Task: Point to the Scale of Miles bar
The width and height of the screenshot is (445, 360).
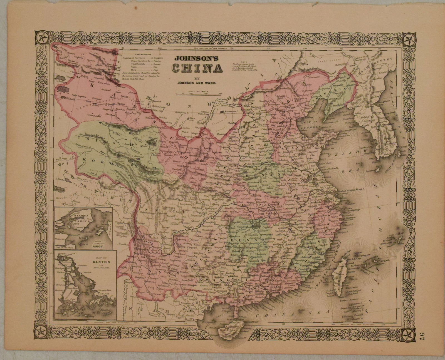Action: click(x=196, y=94)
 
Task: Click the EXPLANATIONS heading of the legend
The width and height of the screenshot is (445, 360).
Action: click(x=142, y=55)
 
